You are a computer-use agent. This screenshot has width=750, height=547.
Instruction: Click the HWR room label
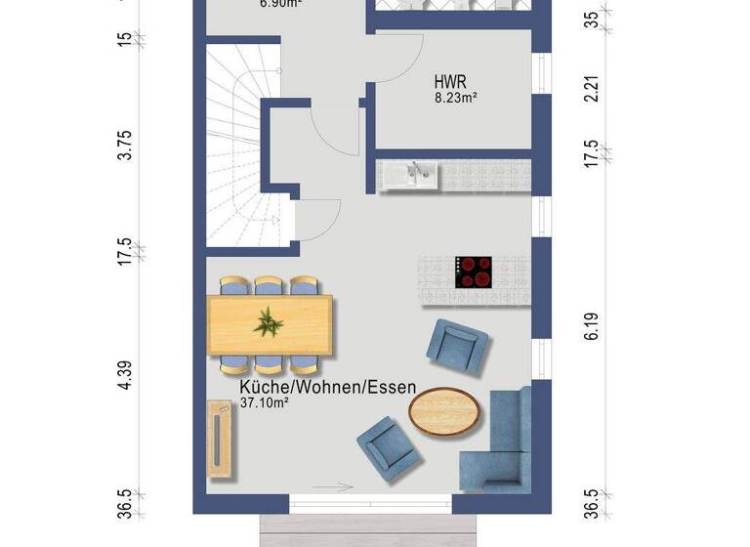pos(449,83)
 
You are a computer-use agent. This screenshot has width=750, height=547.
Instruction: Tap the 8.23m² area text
pos(456,98)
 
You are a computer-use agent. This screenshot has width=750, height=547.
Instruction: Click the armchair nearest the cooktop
pos(456,347)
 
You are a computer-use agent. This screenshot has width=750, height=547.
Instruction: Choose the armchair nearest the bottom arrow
pos(390,444)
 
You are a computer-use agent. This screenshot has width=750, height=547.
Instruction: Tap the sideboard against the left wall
pos(221,440)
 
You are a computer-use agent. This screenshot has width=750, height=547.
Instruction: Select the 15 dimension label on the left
pos(125,39)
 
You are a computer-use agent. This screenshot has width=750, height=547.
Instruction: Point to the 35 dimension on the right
pos(591,20)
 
